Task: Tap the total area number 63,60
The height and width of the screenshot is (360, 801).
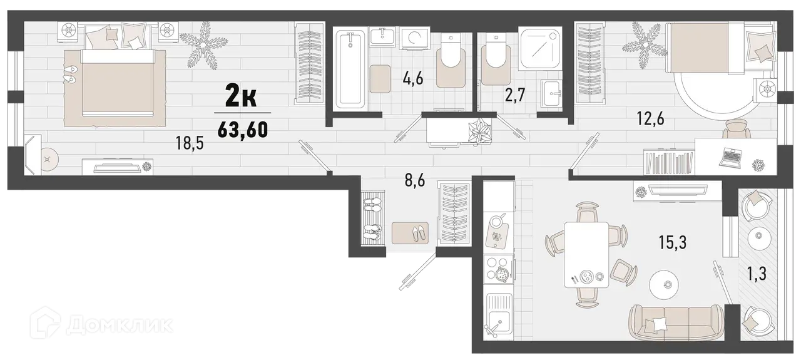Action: point(243,130)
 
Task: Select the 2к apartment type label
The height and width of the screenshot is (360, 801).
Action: point(240,98)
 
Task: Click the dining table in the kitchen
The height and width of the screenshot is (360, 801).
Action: point(586,254)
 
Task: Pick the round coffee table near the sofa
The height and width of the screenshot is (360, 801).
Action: point(667,284)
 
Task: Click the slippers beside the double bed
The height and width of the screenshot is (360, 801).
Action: point(70,75)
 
